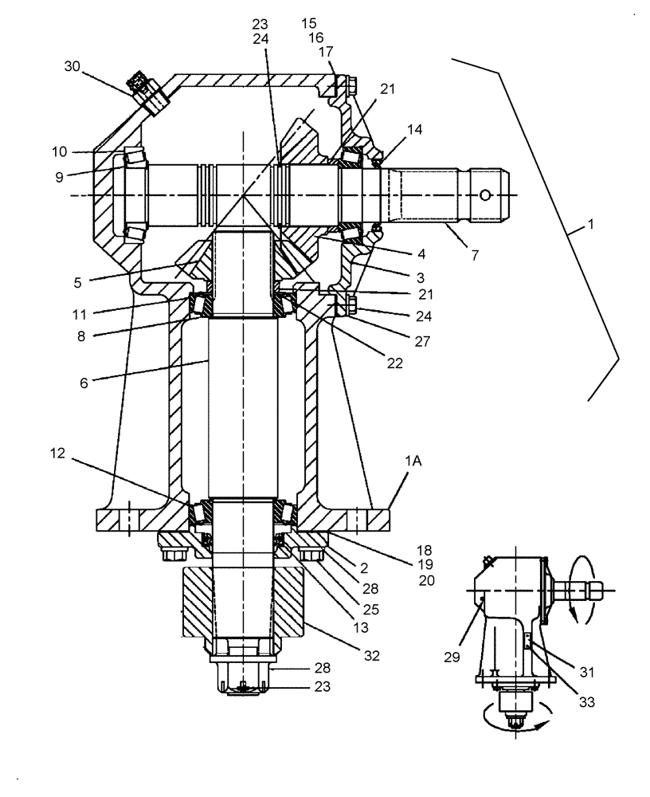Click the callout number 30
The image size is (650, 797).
point(73,67)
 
